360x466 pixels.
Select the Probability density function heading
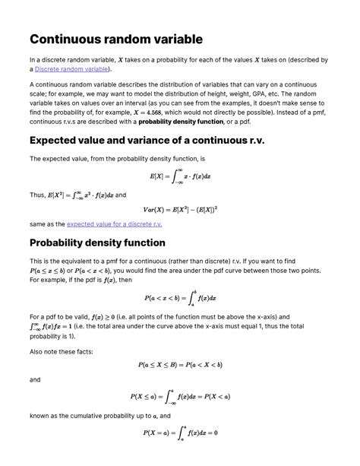point(96,243)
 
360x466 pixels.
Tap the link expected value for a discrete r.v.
point(114,224)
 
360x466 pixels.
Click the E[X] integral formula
point(180,176)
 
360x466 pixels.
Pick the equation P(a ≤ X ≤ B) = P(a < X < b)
point(180,364)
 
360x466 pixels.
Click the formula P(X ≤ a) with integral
point(180,396)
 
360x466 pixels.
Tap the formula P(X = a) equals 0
point(180,433)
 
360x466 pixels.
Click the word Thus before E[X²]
point(36,195)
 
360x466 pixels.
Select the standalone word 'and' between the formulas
point(34,379)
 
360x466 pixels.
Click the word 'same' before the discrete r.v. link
point(37,224)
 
